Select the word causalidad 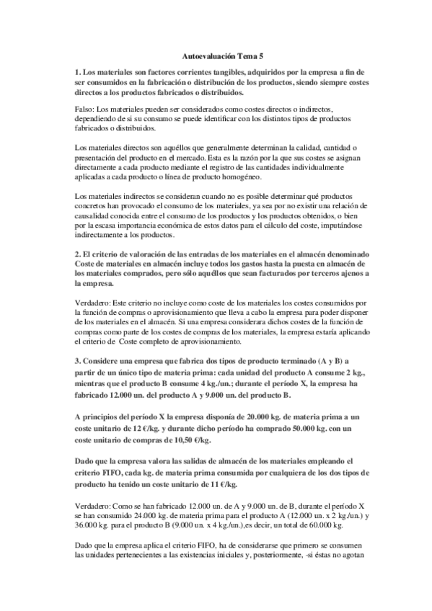click(97, 218)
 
